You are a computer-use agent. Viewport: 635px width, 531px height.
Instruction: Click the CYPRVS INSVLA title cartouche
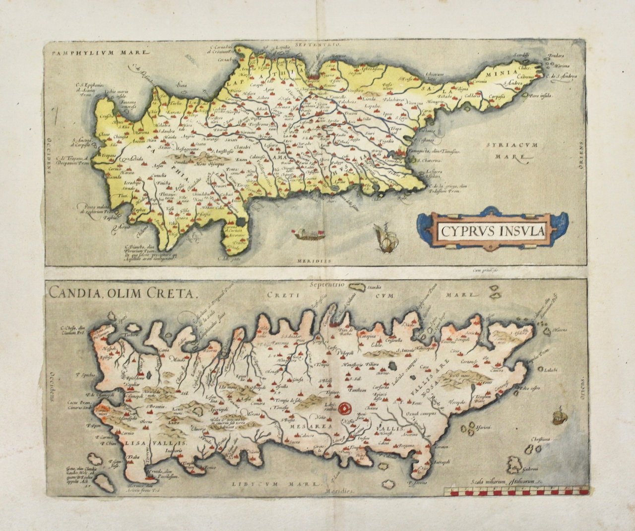(492, 231)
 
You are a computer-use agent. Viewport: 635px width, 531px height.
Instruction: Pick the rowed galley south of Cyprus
(309, 234)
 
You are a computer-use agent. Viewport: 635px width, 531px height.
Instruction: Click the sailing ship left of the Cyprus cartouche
(384, 236)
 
